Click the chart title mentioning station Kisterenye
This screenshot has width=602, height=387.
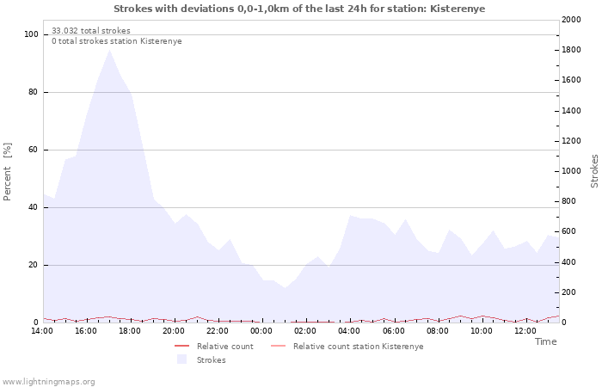pyautogui.click(x=299, y=9)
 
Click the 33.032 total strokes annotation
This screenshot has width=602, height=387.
pyautogui.click(x=91, y=31)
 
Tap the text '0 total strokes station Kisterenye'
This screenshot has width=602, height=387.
pyautogui.click(x=117, y=41)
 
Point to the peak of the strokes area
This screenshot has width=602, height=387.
pyautogui.click(x=110, y=50)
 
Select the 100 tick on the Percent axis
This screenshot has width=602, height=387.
pyautogui.click(x=31, y=34)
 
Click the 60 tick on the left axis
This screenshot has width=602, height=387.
pyautogui.click(x=33, y=150)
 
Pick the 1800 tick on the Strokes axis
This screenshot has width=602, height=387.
pyautogui.click(x=571, y=50)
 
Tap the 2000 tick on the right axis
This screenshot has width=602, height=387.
pyautogui.click(x=571, y=20)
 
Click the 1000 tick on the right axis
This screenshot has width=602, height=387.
pyautogui.click(x=571, y=171)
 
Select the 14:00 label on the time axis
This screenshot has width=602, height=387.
pyautogui.click(x=42, y=331)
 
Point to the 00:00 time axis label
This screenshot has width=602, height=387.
pyautogui.click(x=261, y=331)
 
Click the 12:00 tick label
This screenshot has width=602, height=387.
pyautogui.click(x=525, y=331)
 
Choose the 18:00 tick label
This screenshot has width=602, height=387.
pyautogui.click(x=130, y=331)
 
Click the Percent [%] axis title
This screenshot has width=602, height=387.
pyautogui.click(x=7, y=172)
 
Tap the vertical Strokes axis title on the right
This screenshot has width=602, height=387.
pyautogui.click(x=594, y=171)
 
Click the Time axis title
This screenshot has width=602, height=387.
pyautogui.click(x=545, y=341)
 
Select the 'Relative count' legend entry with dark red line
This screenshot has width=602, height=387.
pyautogui.click(x=214, y=347)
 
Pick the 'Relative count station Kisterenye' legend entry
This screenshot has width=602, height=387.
pyautogui.click(x=347, y=347)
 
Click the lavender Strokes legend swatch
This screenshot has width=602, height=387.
pyautogui.click(x=181, y=359)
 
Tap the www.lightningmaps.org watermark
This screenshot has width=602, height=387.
pyautogui.click(x=48, y=382)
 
